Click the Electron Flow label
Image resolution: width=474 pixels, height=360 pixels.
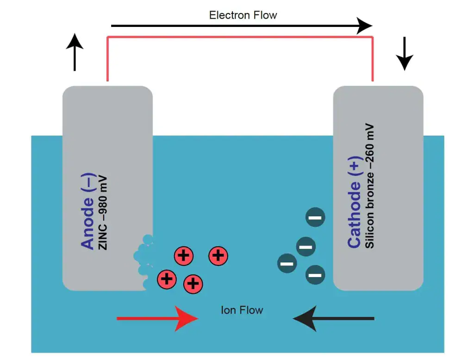point(243,15)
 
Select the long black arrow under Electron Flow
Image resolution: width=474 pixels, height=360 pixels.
point(241,26)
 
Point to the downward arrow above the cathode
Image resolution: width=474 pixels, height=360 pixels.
point(404,53)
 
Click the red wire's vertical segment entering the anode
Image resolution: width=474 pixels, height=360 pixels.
point(108,60)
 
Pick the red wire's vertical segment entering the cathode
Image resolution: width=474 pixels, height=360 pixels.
point(373,60)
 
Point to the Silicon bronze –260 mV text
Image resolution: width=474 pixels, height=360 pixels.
point(369,186)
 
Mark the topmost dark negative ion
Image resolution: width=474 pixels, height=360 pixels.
point(315,217)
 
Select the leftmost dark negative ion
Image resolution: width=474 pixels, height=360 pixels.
point(287,264)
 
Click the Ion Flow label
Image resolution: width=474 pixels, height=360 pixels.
point(242,310)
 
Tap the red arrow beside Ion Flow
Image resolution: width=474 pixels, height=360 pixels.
point(157,318)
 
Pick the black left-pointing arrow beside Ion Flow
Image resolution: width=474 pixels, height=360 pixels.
point(333,318)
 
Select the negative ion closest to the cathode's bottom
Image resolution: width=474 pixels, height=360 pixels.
point(315,275)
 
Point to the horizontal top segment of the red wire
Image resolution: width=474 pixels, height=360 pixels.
point(241,37)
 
